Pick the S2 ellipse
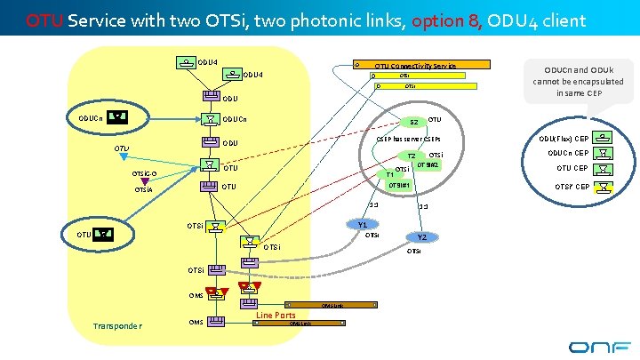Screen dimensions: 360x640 (413, 122)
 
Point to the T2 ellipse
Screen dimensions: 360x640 (412, 156)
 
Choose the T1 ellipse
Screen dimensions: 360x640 (389, 174)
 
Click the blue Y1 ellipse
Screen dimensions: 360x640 (363, 225)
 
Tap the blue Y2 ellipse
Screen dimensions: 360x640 (422, 237)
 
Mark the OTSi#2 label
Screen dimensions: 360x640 (428, 164)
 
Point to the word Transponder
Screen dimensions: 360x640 (117, 325)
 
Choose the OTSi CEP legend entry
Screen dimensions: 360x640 (571, 186)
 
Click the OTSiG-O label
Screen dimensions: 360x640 (144, 173)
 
